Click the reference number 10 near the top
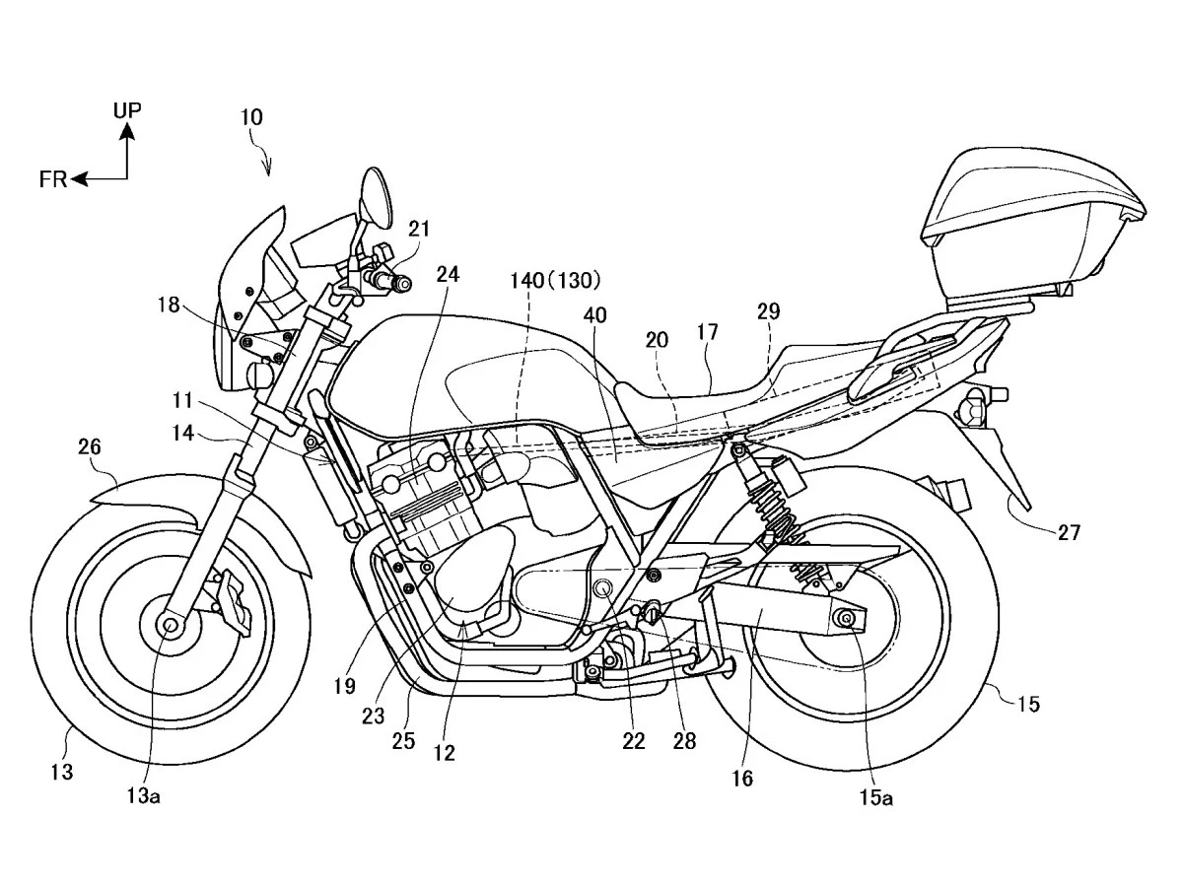[x=251, y=117]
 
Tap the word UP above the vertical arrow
[x=127, y=109]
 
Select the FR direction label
[x=53, y=179]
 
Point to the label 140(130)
[x=555, y=280]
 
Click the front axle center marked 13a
[x=171, y=625]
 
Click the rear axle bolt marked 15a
[x=846, y=617]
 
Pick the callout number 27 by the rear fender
[x=1069, y=532]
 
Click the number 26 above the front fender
[x=90, y=446]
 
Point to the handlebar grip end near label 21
[x=401, y=283]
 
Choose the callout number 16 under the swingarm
[x=741, y=779]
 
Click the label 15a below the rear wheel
[x=875, y=798]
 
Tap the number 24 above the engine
[x=448, y=275]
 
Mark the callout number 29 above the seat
[x=768, y=311]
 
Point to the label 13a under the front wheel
[x=143, y=795]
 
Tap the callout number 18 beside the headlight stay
[x=169, y=305]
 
